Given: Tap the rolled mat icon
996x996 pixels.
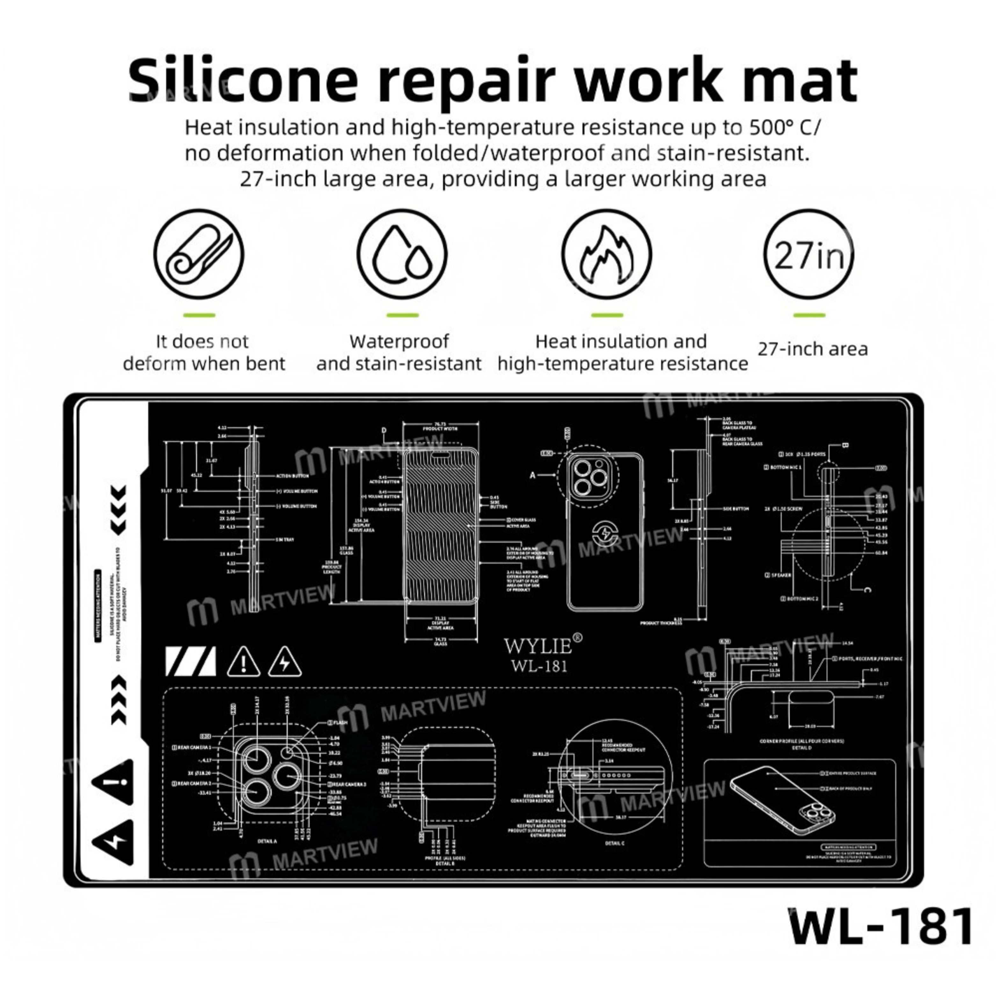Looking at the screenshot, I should point(199,254).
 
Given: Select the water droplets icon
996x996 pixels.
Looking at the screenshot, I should point(402,254).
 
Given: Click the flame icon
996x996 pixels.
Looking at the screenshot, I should point(606,254).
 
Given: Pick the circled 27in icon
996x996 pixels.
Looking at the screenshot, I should point(808,254).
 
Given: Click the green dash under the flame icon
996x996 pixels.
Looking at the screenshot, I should point(607,315).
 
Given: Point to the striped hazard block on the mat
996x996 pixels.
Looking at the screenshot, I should point(190,661).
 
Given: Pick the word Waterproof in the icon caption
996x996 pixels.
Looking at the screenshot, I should point(399,341).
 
